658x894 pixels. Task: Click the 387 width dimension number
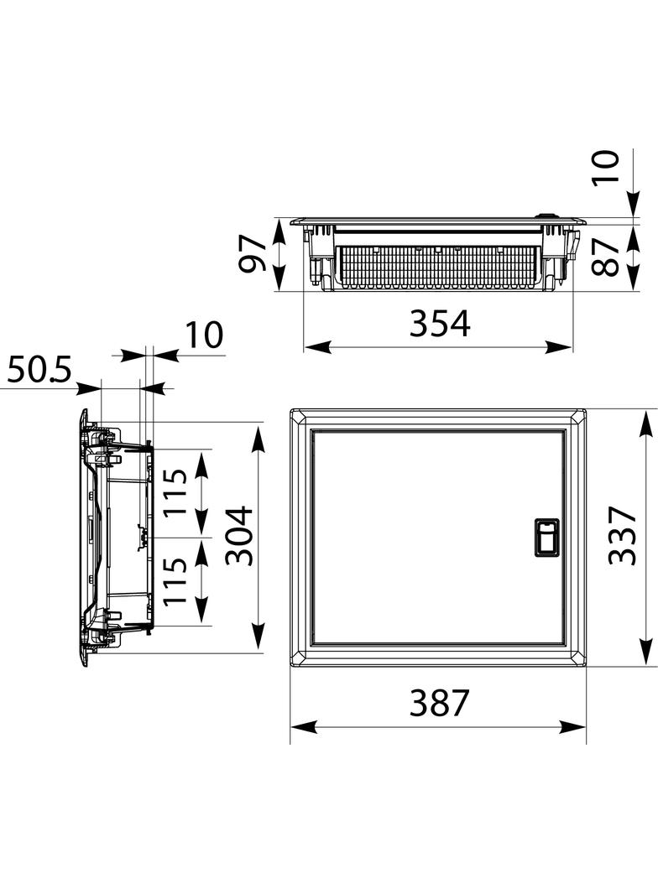pos(439,703)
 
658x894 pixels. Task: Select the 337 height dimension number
pos(622,535)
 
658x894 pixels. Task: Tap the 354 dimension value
pos(440,323)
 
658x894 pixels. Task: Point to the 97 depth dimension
pos(253,254)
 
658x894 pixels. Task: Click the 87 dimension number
pos(605,257)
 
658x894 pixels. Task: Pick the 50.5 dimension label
pos(39,370)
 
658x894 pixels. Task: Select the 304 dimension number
pos(238,535)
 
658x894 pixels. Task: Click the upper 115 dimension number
pos(175,491)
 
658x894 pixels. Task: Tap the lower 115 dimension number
pos(175,580)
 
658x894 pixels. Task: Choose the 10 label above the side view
pos(204,335)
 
